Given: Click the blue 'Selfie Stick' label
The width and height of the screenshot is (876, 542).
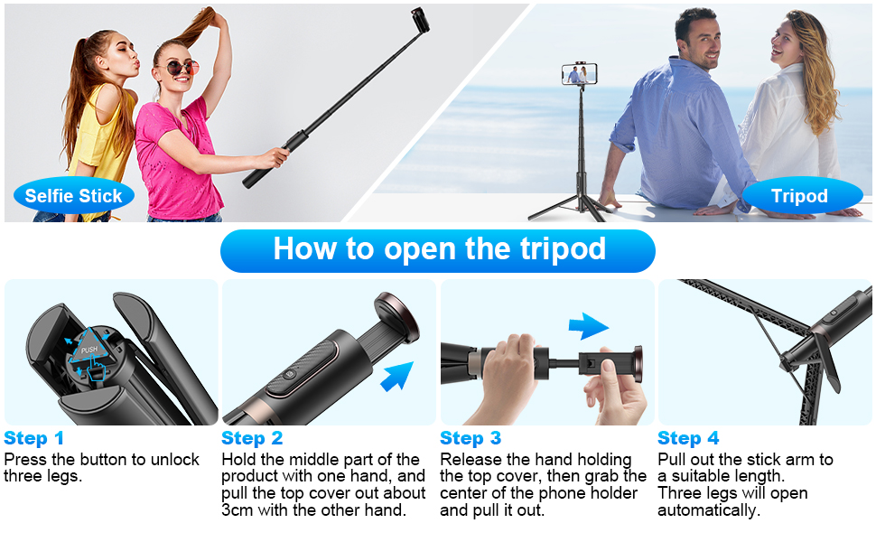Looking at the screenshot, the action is point(74,195).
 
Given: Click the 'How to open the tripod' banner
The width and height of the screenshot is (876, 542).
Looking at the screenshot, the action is point(438,250).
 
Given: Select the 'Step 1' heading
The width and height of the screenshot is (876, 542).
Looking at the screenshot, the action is point(33,438).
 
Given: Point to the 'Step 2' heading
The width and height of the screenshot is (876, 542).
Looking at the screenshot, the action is point(252,438).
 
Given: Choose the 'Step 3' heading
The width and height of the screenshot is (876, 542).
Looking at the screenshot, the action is point(471,438).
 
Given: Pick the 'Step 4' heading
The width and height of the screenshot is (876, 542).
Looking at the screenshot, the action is point(688,438).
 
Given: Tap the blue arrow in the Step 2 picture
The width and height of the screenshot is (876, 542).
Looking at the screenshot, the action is point(396,376).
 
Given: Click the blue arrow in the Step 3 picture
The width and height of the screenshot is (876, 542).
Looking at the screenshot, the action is point(589,326).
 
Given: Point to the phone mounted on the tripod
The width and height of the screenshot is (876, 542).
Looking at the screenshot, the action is point(580,74).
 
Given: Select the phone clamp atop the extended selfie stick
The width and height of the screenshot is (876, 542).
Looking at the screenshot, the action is point(421,20).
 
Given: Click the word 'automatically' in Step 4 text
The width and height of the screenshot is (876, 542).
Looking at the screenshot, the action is point(708,510).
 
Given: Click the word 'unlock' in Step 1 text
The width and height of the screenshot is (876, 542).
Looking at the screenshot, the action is point(175,459).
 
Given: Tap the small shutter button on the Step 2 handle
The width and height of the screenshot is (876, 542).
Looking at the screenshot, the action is point(289,374).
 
